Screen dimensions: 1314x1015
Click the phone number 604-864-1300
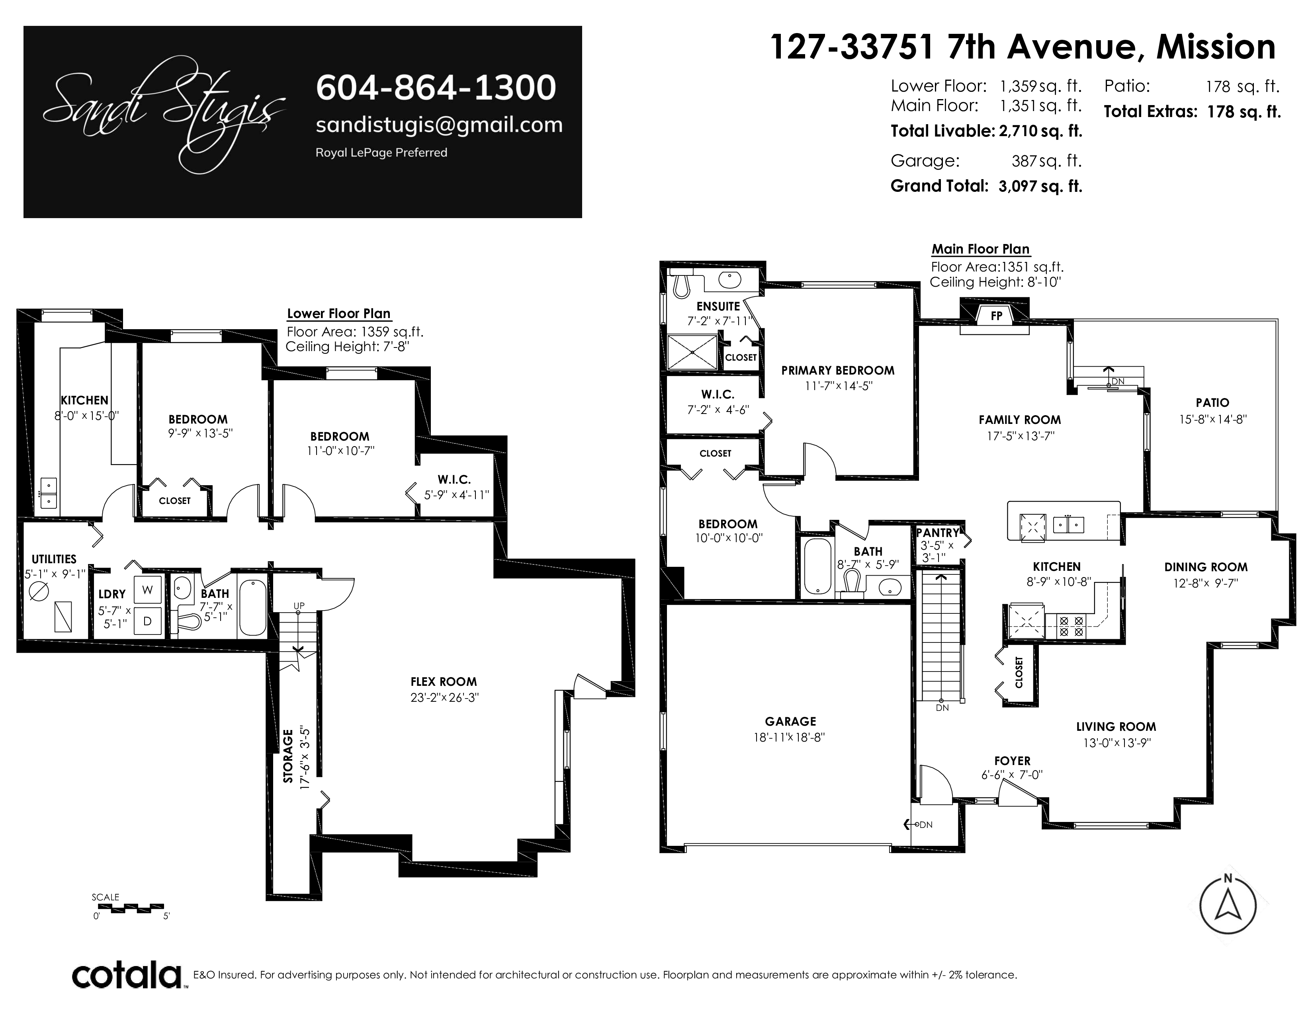pyautogui.click(x=436, y=88)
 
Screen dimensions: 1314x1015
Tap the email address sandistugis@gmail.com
pyautogui.click(x=439, y=125)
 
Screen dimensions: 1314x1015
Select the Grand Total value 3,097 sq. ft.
pyautogui.click(x=1040, y=186)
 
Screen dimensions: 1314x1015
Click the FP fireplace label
pyautogui.click(x=996, y=315)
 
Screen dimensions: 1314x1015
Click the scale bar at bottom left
pyautogui.click(x=129, y=907)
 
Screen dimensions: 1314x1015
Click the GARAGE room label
pyautogui.click(x=790, y=722)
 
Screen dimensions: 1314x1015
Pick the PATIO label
pyautogui.click(x=1212, y=403)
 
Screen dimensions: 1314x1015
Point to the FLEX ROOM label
pyautogui.click(x=444, y=682)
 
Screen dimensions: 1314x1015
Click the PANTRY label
pyautogui.click(x=937, y=533)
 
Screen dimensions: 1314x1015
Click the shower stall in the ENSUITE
pyautogui.click(x=692, y=352)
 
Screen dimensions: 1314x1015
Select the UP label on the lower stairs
pyautogui.click(x=299, y=605)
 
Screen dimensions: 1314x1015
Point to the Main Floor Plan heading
pyautogui.click(x=981, y=249)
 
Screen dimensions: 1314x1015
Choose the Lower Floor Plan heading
pyautogui.click(x=339, y=313)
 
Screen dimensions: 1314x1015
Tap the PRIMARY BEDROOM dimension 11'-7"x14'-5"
pyautogui.click(x=838, y=386)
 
